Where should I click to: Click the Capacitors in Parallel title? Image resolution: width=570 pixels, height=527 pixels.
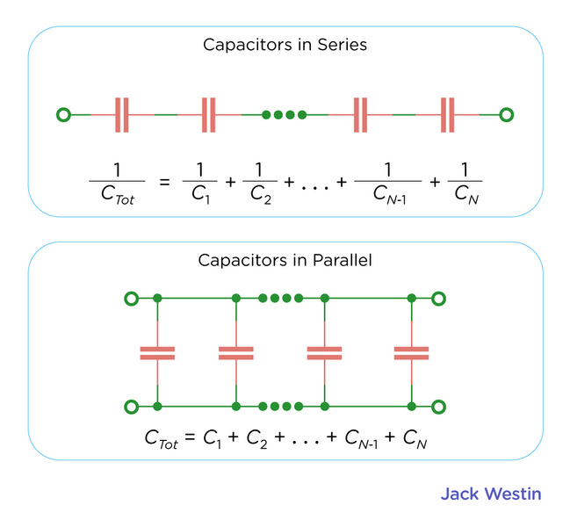(284, 262)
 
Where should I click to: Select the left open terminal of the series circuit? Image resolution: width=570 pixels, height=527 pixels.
(63, 114)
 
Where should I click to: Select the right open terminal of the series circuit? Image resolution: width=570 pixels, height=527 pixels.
(506, 114)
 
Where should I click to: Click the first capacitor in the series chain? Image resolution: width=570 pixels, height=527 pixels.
(122, 114)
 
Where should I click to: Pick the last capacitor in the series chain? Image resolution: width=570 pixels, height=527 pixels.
(448, 114)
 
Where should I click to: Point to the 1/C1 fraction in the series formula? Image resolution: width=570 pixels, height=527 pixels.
(198, 182)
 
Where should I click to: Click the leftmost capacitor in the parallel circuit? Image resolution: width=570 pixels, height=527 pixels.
(157, 352)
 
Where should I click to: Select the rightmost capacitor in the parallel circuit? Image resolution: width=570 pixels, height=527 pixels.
(411, 352)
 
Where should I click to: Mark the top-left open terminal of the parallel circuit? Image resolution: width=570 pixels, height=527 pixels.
(131, 299)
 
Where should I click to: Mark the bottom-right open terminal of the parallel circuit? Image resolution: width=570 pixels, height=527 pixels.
(439, 406)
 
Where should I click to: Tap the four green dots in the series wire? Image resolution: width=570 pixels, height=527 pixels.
(284, 114)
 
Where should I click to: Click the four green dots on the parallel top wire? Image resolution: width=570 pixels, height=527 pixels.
(280, 299)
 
